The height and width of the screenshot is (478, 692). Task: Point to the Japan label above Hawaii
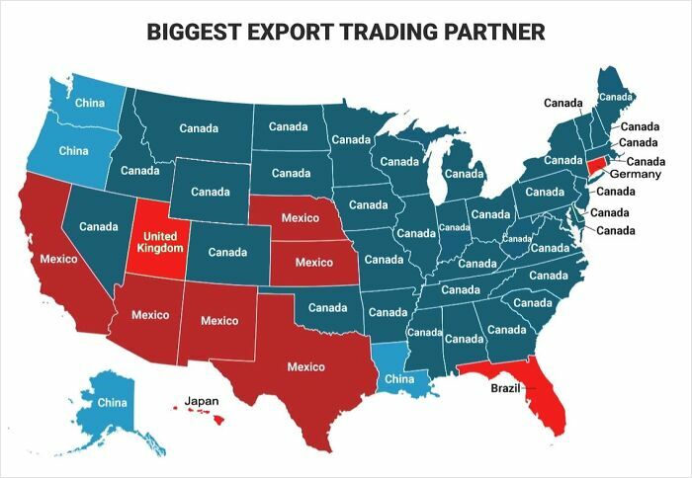coord(202,401)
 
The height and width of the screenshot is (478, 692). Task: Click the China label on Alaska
coord(112,403)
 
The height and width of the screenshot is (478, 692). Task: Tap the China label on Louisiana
coord(398,378)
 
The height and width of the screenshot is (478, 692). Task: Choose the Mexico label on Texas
coord(305,366)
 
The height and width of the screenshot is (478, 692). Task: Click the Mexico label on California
coord(58,259)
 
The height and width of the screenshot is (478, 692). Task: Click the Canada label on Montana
coord(199,127)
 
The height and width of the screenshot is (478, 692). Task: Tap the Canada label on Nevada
coord(99,227)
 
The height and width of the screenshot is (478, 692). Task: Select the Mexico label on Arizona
coord(151,315)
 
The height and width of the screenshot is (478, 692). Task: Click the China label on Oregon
coord(74,151)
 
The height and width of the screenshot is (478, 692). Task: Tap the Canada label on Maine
coord(616,97)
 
